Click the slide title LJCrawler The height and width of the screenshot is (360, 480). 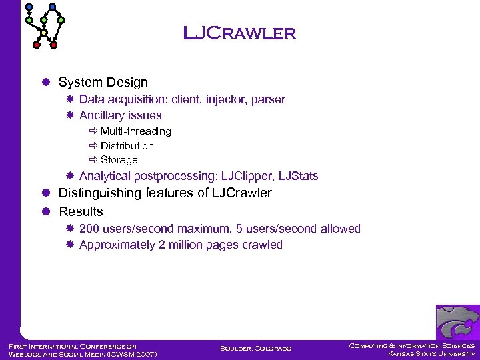239,33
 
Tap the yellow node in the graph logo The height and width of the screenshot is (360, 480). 45,32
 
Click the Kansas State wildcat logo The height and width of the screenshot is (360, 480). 457,322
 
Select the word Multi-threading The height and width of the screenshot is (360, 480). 135,131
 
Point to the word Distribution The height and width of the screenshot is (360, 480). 127,145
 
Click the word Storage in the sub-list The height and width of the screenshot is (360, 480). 119,160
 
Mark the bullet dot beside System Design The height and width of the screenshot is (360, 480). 46,83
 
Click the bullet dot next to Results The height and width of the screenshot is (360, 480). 46,212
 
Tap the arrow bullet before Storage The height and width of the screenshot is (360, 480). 93,160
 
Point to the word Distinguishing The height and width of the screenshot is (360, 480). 99,193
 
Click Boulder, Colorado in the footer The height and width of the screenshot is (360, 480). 255,349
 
